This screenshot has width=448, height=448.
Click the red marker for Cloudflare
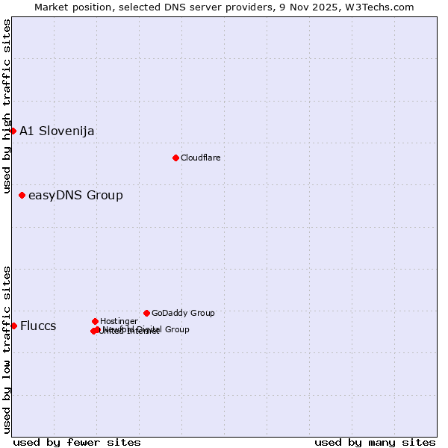(x=175, y=158)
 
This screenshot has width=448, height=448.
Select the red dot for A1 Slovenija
(x=13, y=131)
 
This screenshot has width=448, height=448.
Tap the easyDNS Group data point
(x=22, y=196)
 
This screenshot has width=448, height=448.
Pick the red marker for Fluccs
(x=13, y=326)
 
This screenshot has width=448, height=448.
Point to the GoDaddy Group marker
(x=146, y=313)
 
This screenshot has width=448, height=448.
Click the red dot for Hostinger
(x=95, y=321)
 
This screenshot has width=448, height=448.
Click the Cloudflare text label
(x=200, y=158)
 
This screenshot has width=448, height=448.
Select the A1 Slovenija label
(x=57, y=131)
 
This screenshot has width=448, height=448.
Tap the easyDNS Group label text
(x=75, y=196)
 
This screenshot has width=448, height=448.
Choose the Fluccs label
(x=38, y=326)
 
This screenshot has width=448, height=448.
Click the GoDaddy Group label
(x=183, y=313)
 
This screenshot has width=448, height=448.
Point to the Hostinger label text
(x=119, y=321)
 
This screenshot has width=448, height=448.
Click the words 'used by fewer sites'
(x=77, y=443)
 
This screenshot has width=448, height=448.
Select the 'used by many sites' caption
(x=375, y=443)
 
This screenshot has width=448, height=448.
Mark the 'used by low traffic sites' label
(x=7, y=349)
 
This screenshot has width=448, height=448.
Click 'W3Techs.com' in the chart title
(x=382, y=7)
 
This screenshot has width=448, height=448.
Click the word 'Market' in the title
(x=53, y=7)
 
